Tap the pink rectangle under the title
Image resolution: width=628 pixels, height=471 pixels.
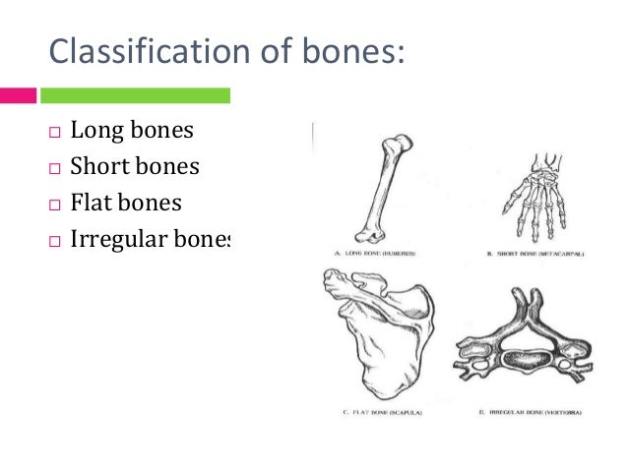click(x=18, y=95)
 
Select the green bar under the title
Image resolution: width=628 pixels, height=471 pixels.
click(x=134, y=95)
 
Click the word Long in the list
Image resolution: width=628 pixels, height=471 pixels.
click(x=94, y=131)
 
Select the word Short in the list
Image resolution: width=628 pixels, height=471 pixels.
click(x=97, y=167)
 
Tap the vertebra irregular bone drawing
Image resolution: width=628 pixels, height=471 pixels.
click(x=519, y=343)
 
